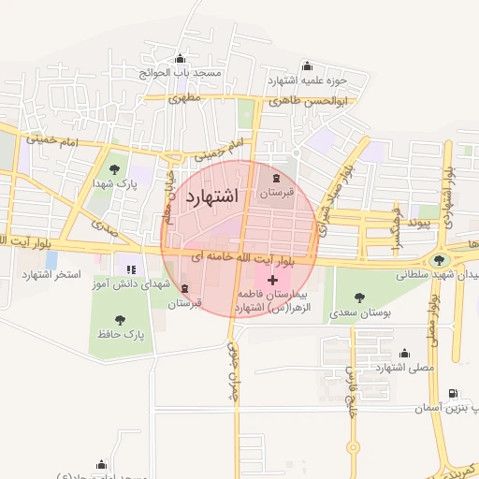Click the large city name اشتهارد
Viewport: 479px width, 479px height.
pyautogui.click(x=213, y=196)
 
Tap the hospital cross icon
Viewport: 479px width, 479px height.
pyautogui.click(x=272, y=280)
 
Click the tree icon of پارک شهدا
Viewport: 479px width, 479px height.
pyautogui.click(x=114, y=169)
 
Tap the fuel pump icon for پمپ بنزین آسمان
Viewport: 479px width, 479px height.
pyautogui.click(x=453, y=394)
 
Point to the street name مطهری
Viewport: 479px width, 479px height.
pyautogui.click(x=185, y=96)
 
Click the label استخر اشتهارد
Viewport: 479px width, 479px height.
pyautogui.click(x=52, y=275)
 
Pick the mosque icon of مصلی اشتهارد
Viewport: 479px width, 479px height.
pyautogui.click(x=404, y=353)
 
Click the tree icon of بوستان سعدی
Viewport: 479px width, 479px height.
pyautogui.click(x=359, y=298)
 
